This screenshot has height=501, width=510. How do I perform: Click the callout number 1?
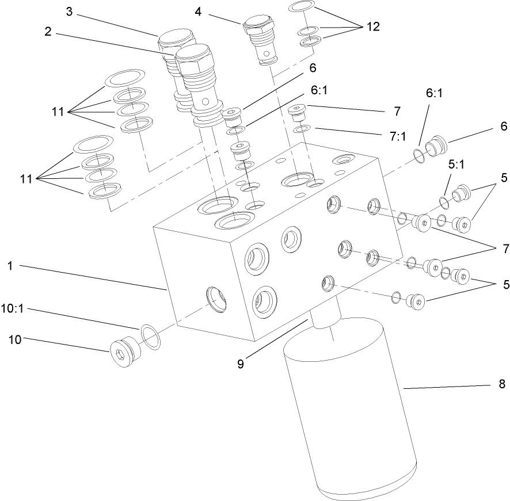(x=10, y=266)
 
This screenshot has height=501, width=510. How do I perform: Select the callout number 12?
(x=374, y=27)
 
